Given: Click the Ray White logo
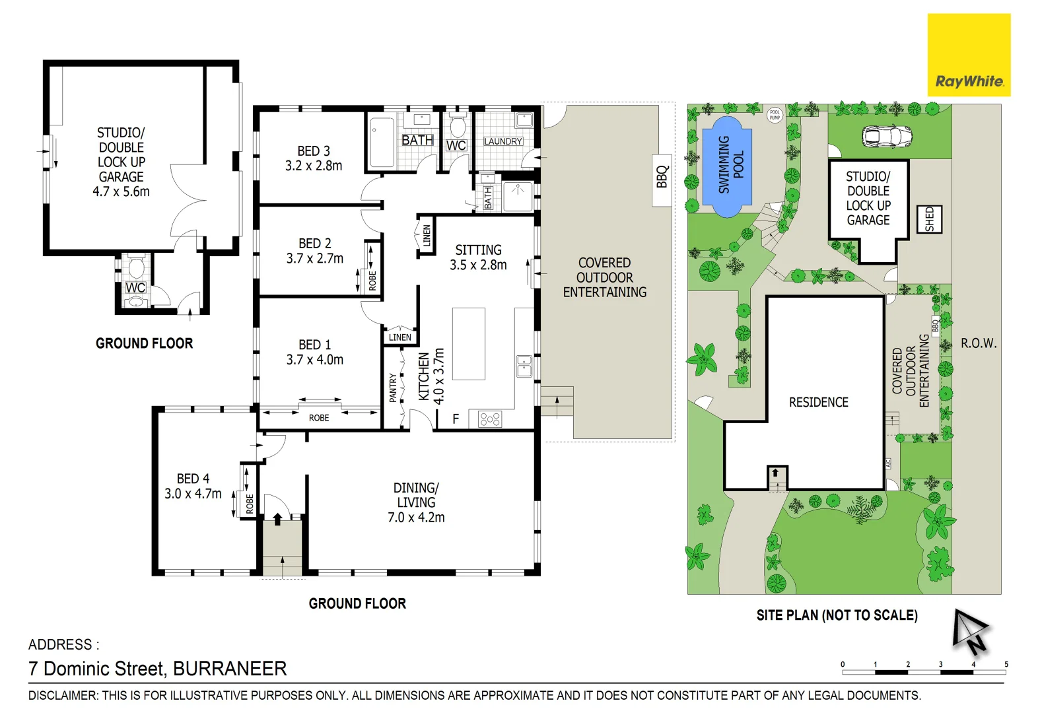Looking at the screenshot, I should [x=969, y=55].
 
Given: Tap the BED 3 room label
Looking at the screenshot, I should [x=314, y=151].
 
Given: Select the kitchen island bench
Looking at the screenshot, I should [x=468, y=343].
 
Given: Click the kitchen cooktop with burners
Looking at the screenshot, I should [x=490, y=419].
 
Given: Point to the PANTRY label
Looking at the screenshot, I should [x=393, y=388].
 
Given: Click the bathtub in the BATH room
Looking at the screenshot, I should [x=382, y=143].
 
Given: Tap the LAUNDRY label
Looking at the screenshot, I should [x=503, y=141].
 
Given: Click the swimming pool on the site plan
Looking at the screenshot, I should [x=727, y=166].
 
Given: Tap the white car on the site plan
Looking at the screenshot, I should [x=887, y=137].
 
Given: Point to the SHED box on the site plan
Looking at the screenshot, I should [x=930, y=219].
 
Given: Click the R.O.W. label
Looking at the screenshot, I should [x=978, y=343].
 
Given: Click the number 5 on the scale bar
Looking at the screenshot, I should [x=1006, y=664].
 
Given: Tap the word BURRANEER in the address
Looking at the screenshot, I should [x=230, y=669].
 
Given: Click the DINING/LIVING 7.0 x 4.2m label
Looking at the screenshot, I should [x=416, y=502].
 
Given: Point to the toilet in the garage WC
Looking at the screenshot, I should [x=137, y=267].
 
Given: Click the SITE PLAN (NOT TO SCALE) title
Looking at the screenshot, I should [x=837, y=615].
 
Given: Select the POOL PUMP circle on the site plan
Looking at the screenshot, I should [x=775, y=115].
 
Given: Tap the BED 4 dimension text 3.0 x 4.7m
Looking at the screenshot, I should [x=193, y=494].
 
